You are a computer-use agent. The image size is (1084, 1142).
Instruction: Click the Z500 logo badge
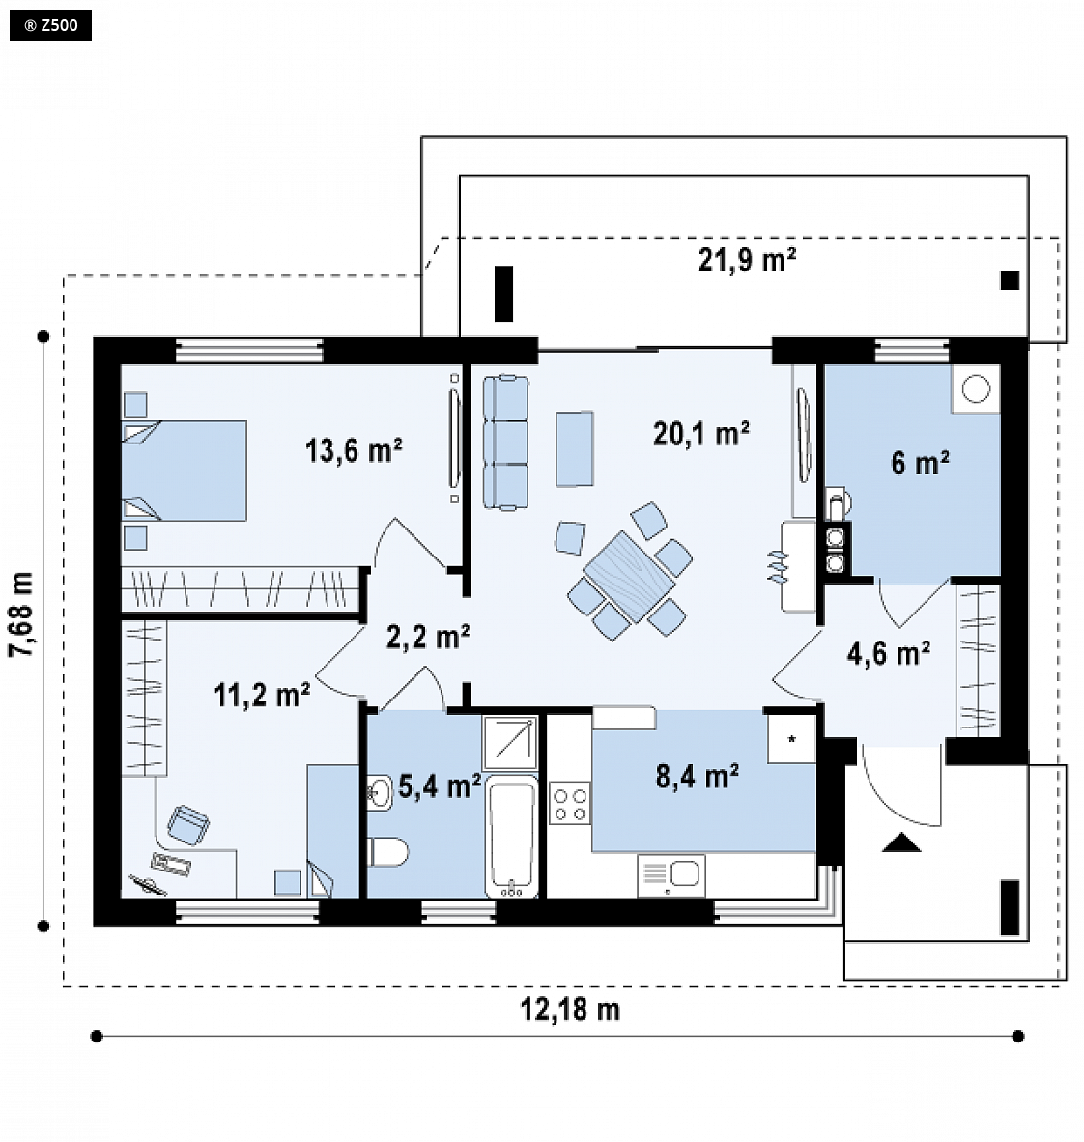click(x=50, y=25)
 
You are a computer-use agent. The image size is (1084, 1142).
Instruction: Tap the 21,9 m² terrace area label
click(x=747, y=260)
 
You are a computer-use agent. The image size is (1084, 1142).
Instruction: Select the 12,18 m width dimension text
click(x=570, y=1011)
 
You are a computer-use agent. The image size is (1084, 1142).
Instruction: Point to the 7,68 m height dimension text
click(x=22, y=614)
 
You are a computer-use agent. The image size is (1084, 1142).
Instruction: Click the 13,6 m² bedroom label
click(x=354, y=450)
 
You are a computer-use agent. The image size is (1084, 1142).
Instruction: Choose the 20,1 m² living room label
click(x=700, y=434)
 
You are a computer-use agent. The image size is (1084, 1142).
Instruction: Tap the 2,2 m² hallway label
click(x=428, y=637)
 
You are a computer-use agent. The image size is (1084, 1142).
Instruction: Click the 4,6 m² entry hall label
click(x=888, y=653)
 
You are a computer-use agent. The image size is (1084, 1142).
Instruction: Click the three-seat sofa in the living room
click(x=505, y=443)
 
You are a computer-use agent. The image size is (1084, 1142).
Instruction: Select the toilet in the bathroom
click(x=386, y=851)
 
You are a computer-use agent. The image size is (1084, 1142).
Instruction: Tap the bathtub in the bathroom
click(x=511, y=836)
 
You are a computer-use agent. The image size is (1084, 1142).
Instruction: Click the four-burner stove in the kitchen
click(x=570, y=803)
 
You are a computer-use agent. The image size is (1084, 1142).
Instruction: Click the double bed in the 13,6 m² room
click(x=184, y=471)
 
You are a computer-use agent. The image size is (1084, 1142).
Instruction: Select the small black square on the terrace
click(x=1010, y=280)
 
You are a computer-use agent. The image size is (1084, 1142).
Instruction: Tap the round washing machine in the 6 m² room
click(x=976, y=388)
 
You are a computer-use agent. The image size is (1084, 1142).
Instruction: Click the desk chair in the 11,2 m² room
click(x=188, y=825)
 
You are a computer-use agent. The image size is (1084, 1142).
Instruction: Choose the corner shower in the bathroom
click(x=511, y=742)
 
